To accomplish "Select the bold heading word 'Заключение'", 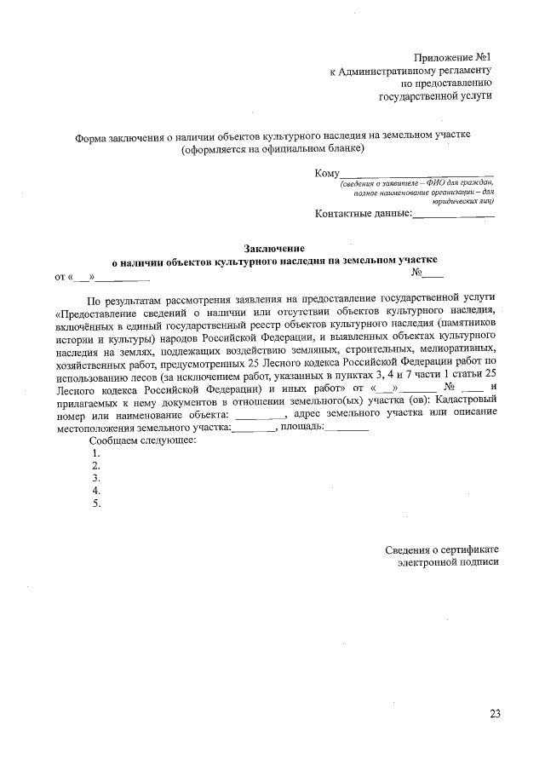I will pos(274,246).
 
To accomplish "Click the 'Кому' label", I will pos(327,173).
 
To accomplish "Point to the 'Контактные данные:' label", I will pos(363,213).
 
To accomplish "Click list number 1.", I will pos(96,453).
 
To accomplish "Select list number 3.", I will pos(96,478).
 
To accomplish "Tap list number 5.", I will pos(96,503).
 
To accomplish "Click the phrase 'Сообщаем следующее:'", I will pos(142,440).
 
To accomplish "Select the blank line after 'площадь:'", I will pos(347,428).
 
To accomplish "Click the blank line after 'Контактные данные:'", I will pos(453,215).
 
